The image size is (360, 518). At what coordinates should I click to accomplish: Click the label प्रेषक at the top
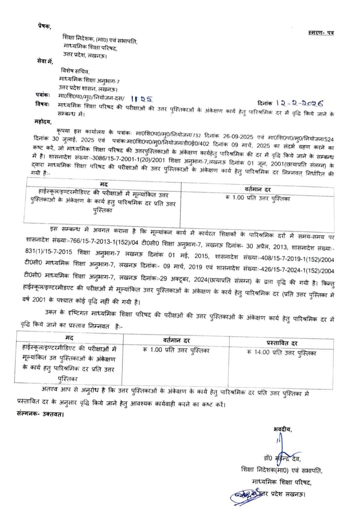coord(44,27)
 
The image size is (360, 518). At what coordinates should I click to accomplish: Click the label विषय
coord(42,105)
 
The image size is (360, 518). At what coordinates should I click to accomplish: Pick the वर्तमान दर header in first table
coord(257,190)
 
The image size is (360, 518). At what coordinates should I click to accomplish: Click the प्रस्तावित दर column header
coord(282,343)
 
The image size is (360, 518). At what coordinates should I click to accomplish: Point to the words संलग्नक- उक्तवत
coord(40,414)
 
